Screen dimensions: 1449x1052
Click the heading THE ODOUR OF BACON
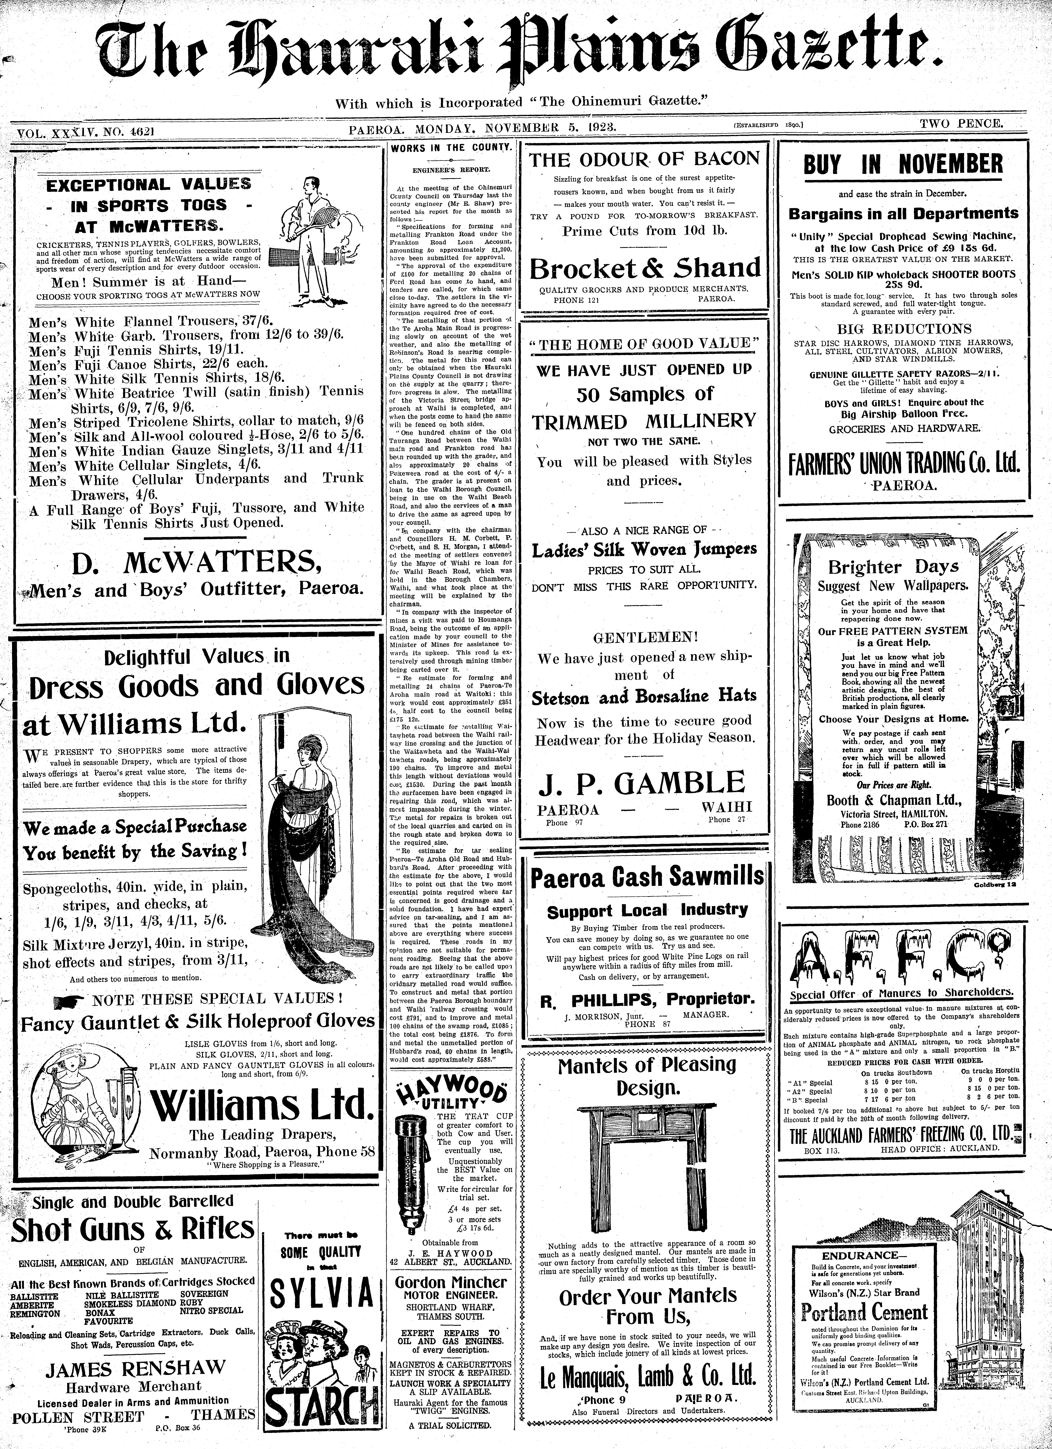[x=644, y=160]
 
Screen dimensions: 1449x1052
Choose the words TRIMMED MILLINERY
[x=644, y=422]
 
